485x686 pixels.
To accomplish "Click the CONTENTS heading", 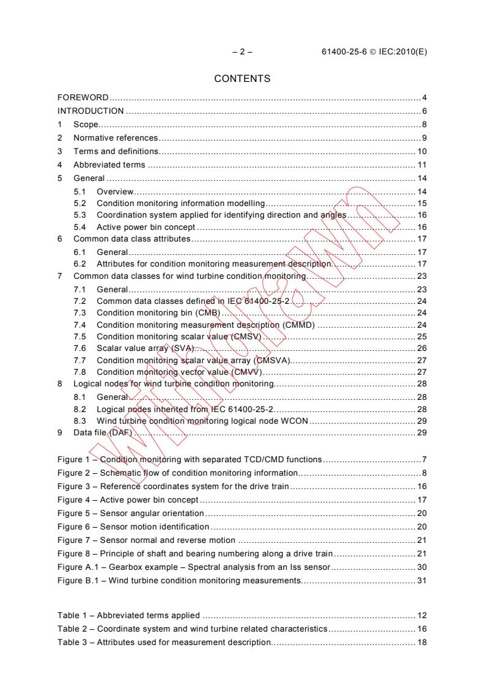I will tap(242, 79).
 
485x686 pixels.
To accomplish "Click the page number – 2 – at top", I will tap(242, 52).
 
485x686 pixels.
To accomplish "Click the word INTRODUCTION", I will tap(91, 111).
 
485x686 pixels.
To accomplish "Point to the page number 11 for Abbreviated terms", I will tap(422, 165).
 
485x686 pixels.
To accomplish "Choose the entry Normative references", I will tap(116, 138).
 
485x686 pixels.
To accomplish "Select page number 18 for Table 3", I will tap(422, 642).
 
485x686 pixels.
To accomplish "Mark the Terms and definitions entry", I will tap(116, 152).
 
